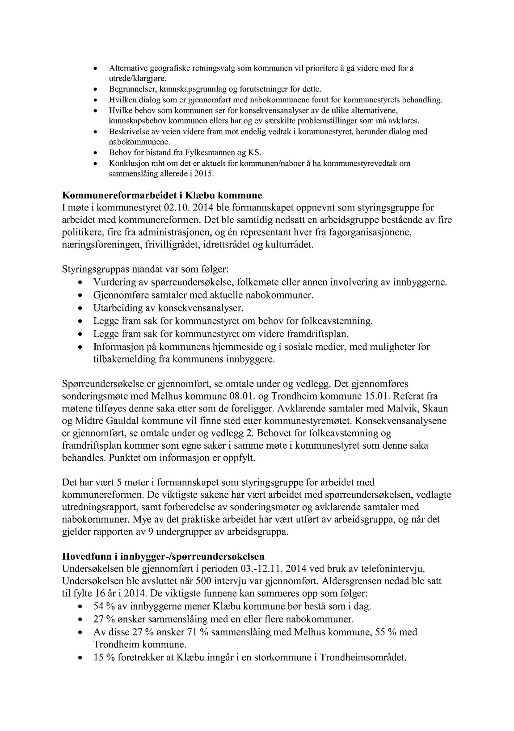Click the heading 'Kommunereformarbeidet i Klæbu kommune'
[162, 195]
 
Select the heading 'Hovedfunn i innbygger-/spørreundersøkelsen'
[163, 556]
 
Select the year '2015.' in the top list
[205, 174]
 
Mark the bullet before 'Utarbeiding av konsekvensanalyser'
[80, 308]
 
